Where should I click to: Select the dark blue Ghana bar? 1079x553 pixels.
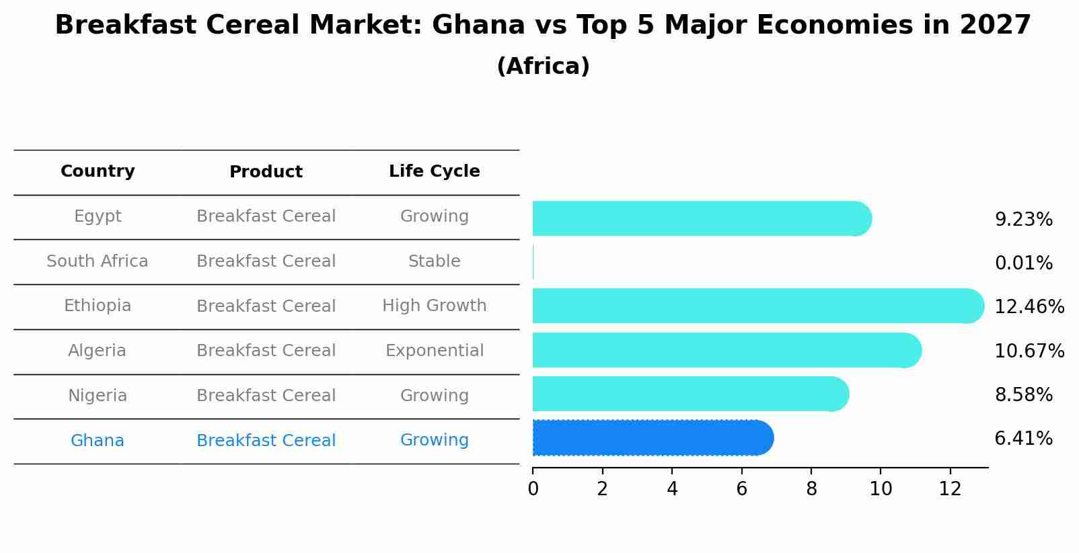point(653,438)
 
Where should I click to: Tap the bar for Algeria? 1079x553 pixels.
point(727,350)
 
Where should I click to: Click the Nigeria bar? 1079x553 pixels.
point(690,394)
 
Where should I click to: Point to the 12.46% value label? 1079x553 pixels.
point(1029,307)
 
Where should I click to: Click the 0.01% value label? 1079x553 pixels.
point(1023,263)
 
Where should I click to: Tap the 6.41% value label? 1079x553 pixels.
point(1023,439)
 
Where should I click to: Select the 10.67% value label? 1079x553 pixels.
point(1029,351)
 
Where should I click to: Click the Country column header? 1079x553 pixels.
point(98,171)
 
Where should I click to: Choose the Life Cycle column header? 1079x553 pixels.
point(434,171)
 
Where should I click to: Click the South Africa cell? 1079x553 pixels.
point(98,261)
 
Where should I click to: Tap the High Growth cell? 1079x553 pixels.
point(434,306)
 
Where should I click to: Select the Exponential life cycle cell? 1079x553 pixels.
point(434,351)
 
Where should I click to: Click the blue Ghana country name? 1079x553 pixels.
point(98,441)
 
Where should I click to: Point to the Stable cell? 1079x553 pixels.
point(434,261)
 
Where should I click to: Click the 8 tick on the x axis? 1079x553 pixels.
point(811,489)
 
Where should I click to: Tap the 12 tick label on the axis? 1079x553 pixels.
point(950,489)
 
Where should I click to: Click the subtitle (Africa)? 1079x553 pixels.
point(543,67)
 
